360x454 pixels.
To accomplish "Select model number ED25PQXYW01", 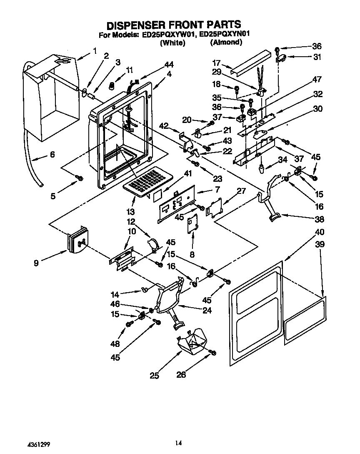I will pyautogui.click(x=168, y=35).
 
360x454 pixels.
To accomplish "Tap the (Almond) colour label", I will pyautogui.click(x=225, y=43).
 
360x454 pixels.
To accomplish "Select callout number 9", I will pyautogui.click(x=36, y=263).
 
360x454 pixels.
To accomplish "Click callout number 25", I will pyautogui.click(x=154, y=376).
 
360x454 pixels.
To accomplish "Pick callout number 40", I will pyautogui.click(x=320, y=232).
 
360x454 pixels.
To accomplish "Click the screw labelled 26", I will pyautogui.click(x=213, y=353).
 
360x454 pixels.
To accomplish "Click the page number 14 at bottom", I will pyautogui.click(x=178, y=443).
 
